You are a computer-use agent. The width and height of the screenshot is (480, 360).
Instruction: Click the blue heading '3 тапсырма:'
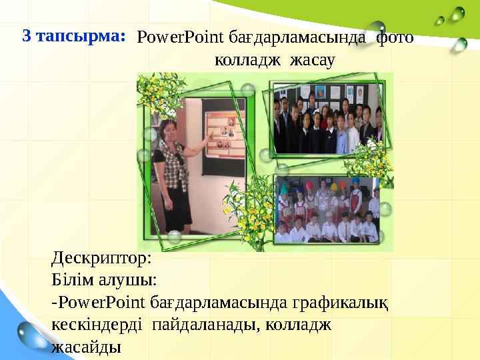(x=74, y=36)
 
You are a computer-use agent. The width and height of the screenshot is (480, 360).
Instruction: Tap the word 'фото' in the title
(x=395, y=37)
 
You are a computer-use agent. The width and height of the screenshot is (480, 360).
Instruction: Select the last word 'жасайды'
(x=86, y=347)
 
